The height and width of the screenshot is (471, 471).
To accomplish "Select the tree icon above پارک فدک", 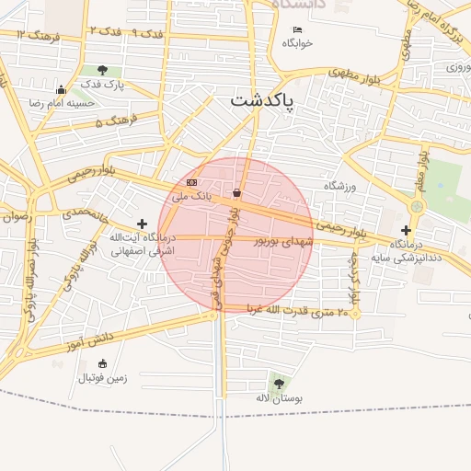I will click(101, 70).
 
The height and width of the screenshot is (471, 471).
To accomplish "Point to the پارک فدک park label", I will click(102, 84).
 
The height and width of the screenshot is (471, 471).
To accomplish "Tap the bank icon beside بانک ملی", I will click(191, 183).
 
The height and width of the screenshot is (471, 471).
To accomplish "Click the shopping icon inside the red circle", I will click(238, 192).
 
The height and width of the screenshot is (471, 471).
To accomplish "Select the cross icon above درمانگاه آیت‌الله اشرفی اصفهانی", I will click(142, 224).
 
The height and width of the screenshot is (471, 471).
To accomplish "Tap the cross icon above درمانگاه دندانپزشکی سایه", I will click(406, 230).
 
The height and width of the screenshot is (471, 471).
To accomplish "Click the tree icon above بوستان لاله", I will click(279, 383).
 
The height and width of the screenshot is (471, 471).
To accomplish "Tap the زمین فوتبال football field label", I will click(102, 377).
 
